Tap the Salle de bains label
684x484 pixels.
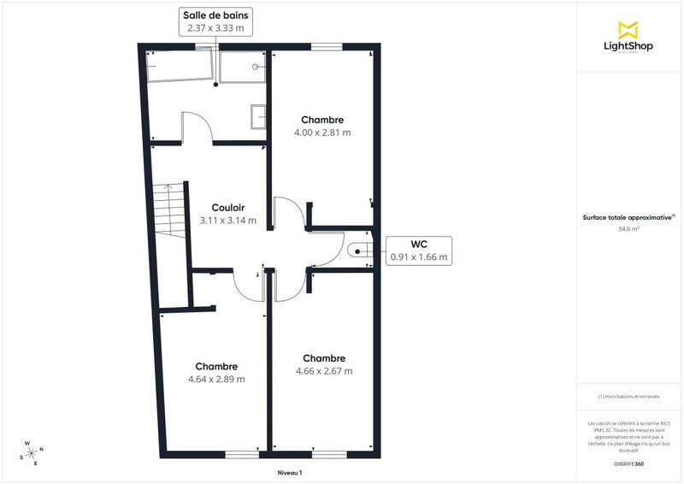(215, 15)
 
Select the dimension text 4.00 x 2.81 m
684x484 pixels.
(322, 133)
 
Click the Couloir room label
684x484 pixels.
(227, 207)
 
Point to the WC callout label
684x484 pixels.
(419, 244)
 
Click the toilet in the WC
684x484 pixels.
(357, 249)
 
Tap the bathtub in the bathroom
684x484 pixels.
(180, 65)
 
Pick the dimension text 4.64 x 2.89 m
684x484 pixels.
(216, 379)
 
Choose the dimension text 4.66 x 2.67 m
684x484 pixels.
(324, 371)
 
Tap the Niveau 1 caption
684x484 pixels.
(291, 473)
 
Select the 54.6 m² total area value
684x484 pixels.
(629, 229)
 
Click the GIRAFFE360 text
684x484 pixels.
(629, 462)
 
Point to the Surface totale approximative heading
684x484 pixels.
(629, 217)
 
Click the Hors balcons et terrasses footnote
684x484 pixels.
(629, 396)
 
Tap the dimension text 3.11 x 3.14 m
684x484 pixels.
(227, 220)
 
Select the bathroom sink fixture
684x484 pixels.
(257, 116)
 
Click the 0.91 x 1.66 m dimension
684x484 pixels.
(419, 257)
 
